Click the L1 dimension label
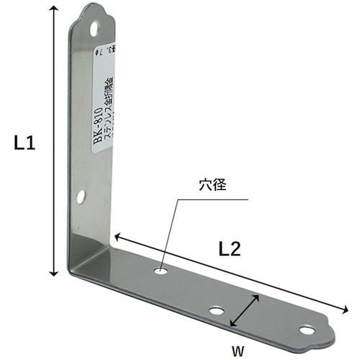25,143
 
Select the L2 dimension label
230,249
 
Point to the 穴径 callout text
213,184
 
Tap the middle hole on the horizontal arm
215,311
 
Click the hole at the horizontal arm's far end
307,330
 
